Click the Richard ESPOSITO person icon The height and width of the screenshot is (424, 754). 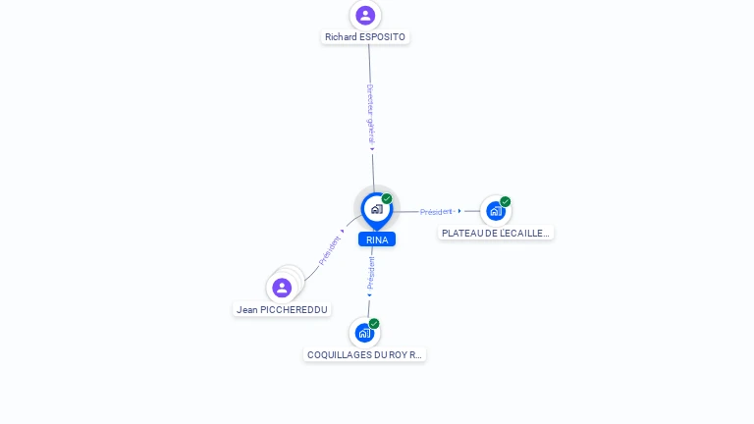[365, 16]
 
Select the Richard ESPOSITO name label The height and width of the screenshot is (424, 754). [365, 37]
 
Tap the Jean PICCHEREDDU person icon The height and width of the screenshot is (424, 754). [282, 288]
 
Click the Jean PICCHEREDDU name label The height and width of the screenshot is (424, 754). [282, 310]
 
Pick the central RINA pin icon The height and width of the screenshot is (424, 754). [377, 211]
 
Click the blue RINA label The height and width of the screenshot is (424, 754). [377, 239]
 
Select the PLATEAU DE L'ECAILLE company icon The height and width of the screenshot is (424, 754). [496, 211]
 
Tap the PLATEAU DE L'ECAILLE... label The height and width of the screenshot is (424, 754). [495, 234]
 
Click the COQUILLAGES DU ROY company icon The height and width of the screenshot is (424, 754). [364, 333]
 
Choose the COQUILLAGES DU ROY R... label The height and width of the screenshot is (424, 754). [364, 354]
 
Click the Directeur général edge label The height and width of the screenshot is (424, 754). [370, 114]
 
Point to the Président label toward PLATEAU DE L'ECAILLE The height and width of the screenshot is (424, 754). [436, 212]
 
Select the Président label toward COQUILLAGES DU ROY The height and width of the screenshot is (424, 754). [371, 273]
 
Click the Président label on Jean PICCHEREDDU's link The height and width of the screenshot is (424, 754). [330, 250]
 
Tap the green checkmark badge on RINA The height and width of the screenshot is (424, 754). [387, 198]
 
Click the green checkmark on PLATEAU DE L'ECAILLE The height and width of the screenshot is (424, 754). [505, 201]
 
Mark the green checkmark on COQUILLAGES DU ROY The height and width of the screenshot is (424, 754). [374, 324]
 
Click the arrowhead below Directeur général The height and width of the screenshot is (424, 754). [372, 149]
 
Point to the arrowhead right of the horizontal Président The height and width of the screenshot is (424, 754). [459, 211]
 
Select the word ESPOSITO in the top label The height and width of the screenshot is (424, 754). [382, 37]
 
